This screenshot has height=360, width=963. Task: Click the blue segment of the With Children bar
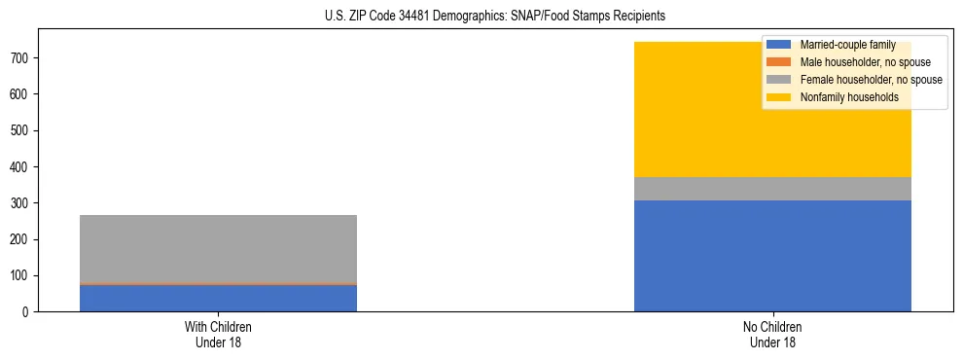coord(218,298)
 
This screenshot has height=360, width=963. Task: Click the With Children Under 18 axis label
coord(218,334)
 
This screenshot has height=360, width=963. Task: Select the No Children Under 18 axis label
coord(772,334)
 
